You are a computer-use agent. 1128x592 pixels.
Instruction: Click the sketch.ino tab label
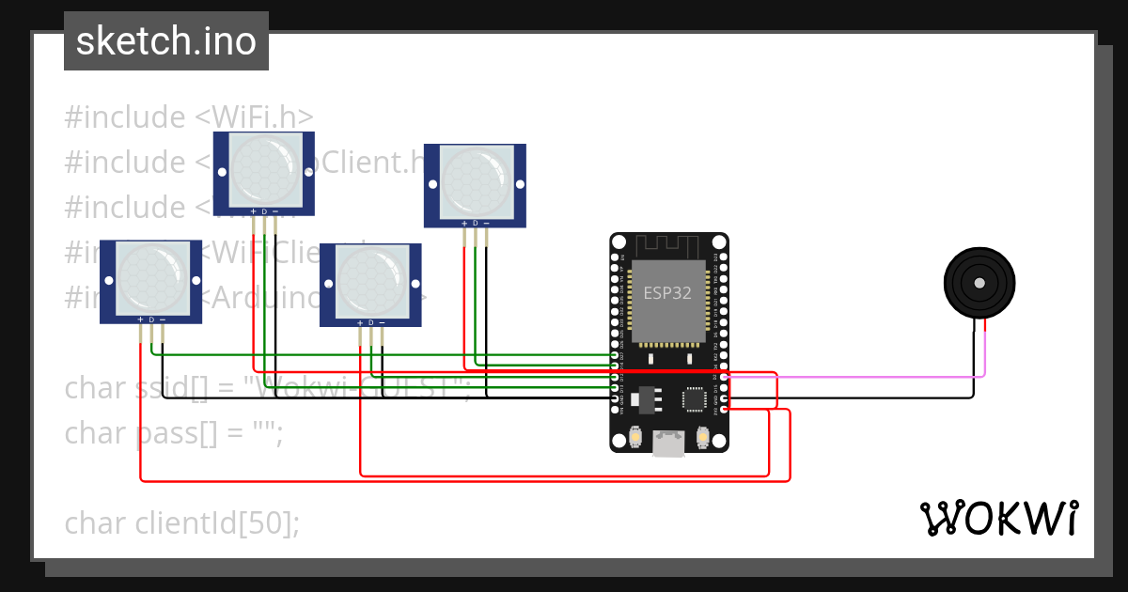(166, 41)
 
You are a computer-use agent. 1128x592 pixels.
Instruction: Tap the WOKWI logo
(998, 518)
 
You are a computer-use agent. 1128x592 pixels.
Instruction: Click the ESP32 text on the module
(667, 292)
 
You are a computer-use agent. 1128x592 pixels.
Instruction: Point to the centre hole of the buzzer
(979, 282)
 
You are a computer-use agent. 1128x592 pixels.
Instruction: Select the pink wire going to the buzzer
(846, 377)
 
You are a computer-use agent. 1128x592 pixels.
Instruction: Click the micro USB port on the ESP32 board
(668, 444)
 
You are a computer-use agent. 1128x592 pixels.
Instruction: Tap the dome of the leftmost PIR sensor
(150, 279)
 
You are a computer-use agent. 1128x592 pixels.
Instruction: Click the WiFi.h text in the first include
(255, 117)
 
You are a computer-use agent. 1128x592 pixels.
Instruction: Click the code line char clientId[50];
(182, 522)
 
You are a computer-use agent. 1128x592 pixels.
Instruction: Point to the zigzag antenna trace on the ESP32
(668, 246)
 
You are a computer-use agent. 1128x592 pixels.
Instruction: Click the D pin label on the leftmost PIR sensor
(151, 320)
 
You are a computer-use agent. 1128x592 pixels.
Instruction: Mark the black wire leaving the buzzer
(973, 366)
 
